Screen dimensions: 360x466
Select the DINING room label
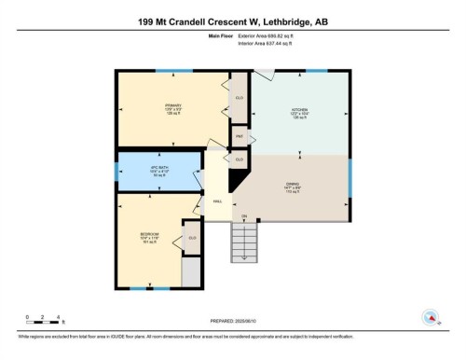pos(291,186)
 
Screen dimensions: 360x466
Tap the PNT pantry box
pos(240,136)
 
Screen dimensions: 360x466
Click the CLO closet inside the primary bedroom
pos(240,98)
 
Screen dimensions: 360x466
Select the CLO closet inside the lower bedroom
pos(192,237)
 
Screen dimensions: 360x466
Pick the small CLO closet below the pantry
pos(240,160)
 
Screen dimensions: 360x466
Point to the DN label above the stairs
pos(244,217)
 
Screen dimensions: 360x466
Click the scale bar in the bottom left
pos(38,322)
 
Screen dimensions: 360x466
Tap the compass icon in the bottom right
pos(432,318)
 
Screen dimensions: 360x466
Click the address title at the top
pos(232,18)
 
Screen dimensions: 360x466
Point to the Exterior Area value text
pos(271,37)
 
